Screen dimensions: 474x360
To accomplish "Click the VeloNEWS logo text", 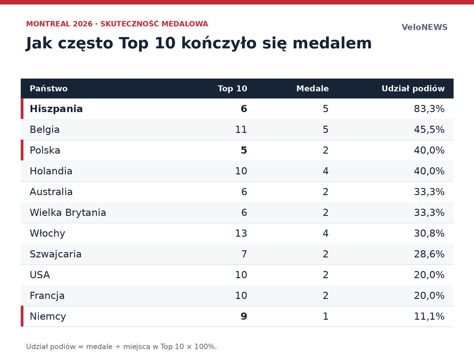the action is point(424,27).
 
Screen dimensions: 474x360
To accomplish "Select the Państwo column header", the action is point(49,88).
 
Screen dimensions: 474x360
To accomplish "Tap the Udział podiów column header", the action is point(413,88).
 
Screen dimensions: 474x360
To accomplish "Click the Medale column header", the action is point(312,88).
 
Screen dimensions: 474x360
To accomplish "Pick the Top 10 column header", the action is point(232,88).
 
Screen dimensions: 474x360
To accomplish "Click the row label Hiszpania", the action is point(56,108).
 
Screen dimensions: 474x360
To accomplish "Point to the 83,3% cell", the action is point(429,108).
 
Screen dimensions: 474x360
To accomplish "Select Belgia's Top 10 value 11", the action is point(241,129).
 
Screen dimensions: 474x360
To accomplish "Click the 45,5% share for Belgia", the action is point(429,129).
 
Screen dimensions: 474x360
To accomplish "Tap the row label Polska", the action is point(45,151).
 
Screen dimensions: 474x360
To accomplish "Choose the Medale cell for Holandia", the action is point(325,171).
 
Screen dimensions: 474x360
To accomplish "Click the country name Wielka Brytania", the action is point(68,212).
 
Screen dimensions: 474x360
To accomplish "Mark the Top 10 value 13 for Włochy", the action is point(241,233).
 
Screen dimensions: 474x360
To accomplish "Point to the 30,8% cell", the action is point(429,233).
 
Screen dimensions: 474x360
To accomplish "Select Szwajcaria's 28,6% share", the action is point(429,254).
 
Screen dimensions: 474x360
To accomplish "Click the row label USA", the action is point(40,275).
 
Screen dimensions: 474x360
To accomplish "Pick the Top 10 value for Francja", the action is point(241,296).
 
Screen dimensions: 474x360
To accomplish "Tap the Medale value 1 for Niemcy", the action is point(325,316).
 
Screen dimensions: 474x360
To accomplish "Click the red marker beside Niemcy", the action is point(22,316).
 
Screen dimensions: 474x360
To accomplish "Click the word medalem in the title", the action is point(332,43).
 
